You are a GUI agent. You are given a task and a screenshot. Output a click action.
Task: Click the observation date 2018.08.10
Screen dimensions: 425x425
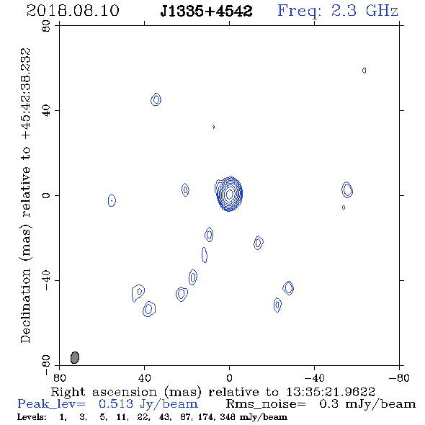[x=73, y=11]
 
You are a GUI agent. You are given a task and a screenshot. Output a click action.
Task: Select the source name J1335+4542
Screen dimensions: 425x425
[x=206, y=11]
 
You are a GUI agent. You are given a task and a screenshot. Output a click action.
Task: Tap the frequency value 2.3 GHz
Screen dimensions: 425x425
[x=364, y=11]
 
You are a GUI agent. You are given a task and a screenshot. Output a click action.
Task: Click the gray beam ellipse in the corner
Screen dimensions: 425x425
[x=75, y=357]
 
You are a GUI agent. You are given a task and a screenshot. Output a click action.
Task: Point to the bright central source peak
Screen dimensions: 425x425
[x=229, y=194]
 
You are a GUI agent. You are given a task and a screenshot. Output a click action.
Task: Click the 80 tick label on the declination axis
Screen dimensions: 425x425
[x=46, y=26]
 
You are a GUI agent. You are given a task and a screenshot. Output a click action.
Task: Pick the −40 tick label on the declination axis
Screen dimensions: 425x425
[x=46, y=280]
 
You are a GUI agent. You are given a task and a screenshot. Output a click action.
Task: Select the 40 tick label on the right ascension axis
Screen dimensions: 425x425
[x=145, y=378]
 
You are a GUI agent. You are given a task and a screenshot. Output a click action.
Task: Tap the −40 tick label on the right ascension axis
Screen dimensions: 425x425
[x=314, y=378]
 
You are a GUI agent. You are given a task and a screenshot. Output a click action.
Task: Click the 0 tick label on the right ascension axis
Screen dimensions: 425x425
[x=229, y=378]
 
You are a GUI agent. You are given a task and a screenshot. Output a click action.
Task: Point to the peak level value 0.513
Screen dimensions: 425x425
[x=116, y=404]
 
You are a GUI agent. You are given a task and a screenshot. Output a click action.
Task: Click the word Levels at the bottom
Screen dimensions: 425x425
[x=32, y=417]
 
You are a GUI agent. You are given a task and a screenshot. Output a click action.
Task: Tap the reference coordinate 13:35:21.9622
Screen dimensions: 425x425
[x=331, y=392]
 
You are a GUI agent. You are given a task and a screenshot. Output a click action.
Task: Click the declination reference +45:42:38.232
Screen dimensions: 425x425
[x=26, y=94]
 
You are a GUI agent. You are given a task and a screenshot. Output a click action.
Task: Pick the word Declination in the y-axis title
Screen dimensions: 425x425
[x=25, y=305]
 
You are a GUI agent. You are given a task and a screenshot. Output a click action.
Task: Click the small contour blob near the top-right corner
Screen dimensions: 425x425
[x=364, y=71]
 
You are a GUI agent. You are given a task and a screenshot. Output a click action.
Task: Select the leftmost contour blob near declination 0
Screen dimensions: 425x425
[x=112, y=200]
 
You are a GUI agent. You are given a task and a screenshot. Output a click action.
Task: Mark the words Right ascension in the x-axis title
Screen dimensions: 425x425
[x=104, y=392]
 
